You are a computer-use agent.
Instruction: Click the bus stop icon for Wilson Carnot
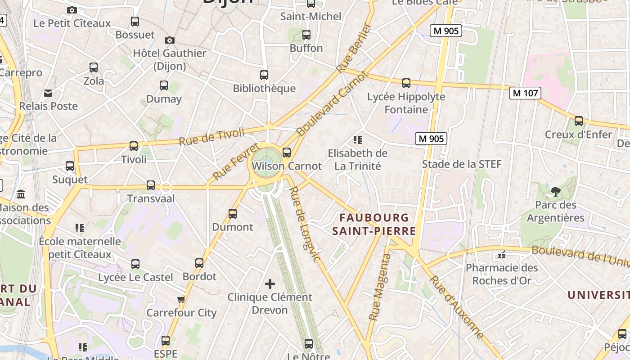(x=287, y=153)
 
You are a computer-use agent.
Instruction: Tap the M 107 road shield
(x=525, y=93)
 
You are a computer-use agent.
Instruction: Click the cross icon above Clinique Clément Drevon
(x=270, y=284)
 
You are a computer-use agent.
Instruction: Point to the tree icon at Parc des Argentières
(x=556, y=192)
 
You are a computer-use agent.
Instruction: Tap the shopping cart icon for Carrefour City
(x=181, y=299)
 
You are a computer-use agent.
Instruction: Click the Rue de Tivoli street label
(x=211, y=136)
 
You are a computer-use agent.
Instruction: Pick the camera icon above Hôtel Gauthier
(x=169, y=40)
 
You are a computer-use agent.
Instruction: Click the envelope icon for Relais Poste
(x=48, y=93)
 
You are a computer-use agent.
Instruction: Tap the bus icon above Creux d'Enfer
(x=579, y=121)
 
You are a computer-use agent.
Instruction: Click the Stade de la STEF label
(x=461, y=164)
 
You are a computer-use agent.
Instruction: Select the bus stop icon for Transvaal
(x=151, y=185)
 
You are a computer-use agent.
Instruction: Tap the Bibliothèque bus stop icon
(x=264, y=75)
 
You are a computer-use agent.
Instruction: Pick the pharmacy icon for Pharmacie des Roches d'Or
(x=502, y=255)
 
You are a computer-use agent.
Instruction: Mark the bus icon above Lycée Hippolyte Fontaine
(x=406, y=83)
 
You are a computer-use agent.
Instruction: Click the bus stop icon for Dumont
(x=233, y=214)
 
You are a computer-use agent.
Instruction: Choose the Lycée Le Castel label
(x=135, y=277)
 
